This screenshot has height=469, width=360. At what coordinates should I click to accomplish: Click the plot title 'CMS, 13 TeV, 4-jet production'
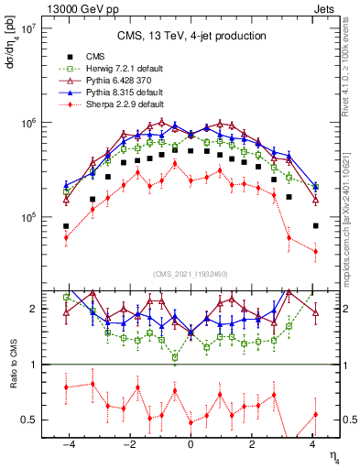tap(191, 36)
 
